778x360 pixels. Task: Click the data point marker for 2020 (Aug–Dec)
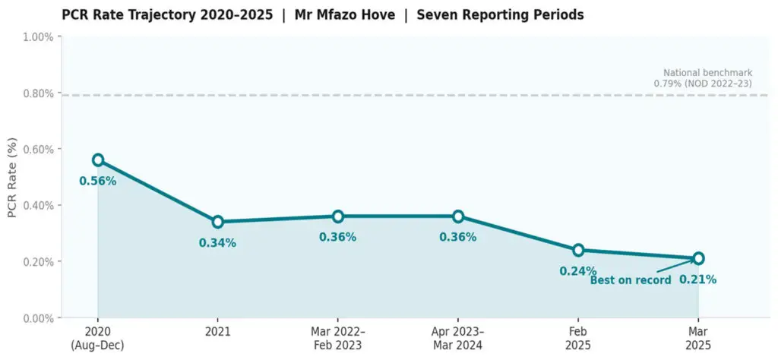98,160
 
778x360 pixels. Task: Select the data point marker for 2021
218,222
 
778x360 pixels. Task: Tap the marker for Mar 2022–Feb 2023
338,216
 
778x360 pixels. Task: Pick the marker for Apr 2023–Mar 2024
458,216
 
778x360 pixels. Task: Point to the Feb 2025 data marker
578,250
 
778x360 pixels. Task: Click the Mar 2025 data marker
698,258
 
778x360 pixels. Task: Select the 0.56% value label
98,182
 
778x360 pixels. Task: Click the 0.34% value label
218,243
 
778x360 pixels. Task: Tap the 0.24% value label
578,271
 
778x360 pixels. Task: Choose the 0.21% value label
698,279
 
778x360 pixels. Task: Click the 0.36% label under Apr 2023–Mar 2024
458,238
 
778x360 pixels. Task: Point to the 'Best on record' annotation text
631,280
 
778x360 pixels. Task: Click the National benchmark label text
703,78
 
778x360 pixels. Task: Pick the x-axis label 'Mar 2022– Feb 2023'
338,338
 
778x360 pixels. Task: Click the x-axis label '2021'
218,333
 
